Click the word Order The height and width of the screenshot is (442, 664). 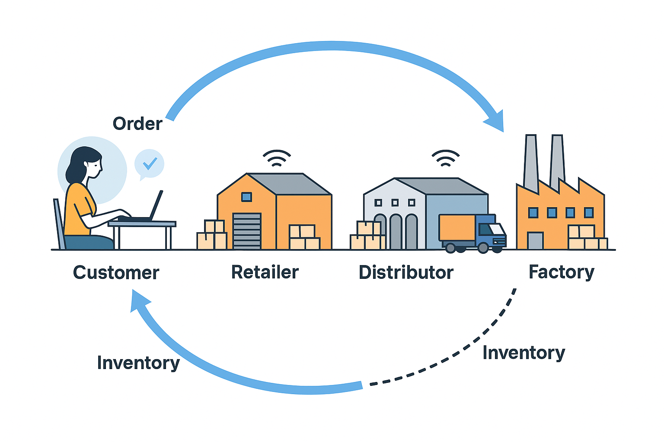point(137,124)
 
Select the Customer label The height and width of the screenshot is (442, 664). point(116,273)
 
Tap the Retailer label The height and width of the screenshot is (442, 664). point(265,272)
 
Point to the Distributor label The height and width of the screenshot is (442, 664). point(406,273)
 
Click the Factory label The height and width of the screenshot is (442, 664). point(562,272)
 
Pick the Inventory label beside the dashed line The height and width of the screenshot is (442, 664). point(524,353)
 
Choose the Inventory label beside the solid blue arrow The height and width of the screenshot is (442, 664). point(138,363)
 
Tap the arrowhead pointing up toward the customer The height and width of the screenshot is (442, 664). point(139,300)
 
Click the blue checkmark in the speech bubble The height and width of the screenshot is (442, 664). point(150,163)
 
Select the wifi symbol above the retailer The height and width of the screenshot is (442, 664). point(277,158)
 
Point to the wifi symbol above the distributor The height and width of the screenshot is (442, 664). point(445,158)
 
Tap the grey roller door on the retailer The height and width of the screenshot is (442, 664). point(247,231)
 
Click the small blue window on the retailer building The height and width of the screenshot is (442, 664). point(246,197)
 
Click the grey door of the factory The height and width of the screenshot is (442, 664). point(535,240)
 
